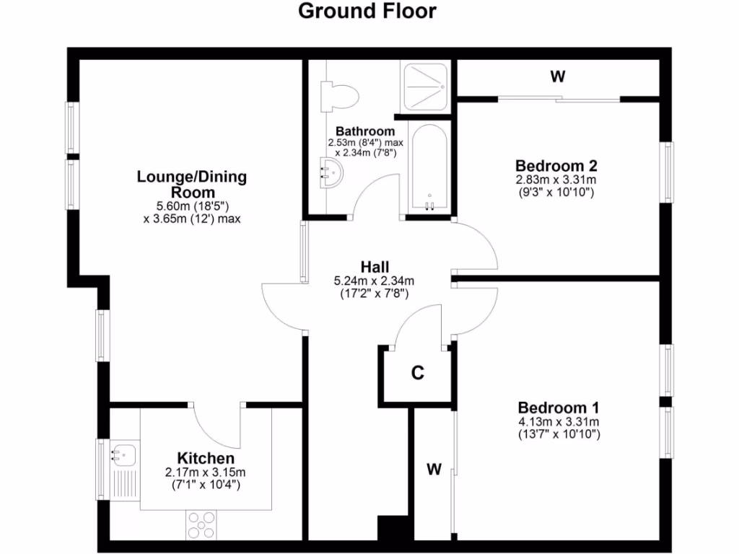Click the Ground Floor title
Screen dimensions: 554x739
pos(367,12)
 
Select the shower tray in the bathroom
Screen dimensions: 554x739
pos(425,86)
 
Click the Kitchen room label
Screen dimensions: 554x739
pos(206,459)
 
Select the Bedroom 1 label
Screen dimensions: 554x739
pos(559,408)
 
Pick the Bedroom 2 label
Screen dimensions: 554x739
pos(556,164)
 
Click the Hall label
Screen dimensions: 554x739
pos(376,267)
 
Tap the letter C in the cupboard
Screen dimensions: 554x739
pos(417,374)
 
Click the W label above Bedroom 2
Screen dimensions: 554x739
pos(557,76)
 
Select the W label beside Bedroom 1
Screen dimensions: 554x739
pos(433,470)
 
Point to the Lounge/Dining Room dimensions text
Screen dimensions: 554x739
pos(191,211)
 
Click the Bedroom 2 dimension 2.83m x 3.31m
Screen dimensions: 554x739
pos(556,179)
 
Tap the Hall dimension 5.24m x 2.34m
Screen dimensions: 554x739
pos(375,281)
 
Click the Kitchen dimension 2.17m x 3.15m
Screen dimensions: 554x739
pos(206,473)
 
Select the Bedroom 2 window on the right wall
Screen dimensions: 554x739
pos(669,173)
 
